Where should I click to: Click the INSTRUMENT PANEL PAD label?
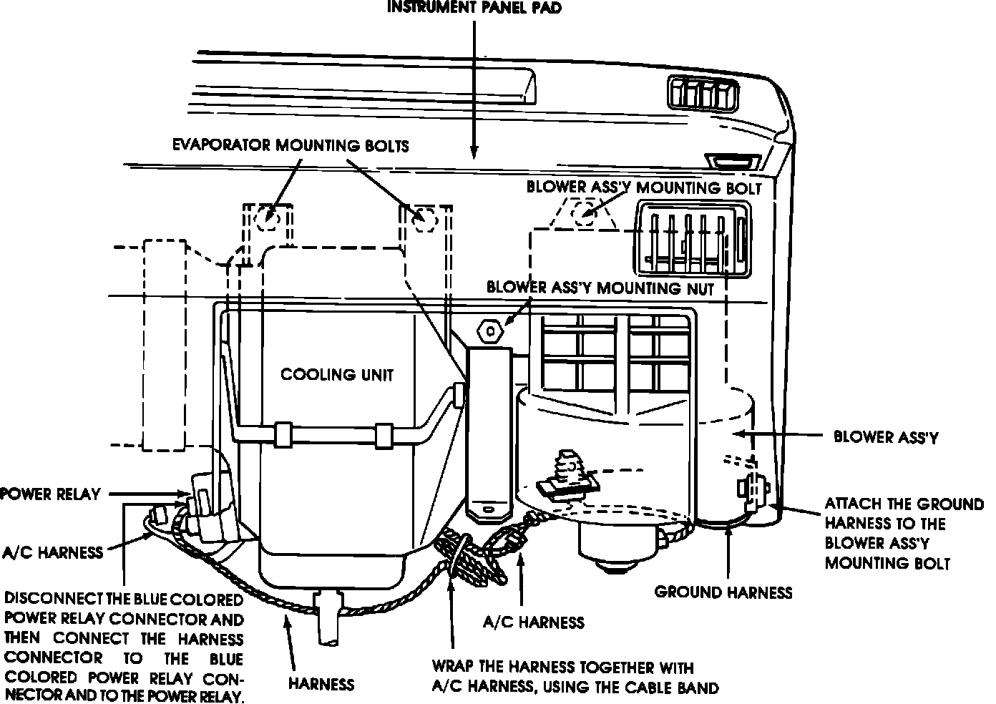point(474,8)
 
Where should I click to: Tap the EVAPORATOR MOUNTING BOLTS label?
point(290,146)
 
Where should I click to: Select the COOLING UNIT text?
point(337,374)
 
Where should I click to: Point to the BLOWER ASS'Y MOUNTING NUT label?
point(600,288)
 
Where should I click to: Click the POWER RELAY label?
point(50,494)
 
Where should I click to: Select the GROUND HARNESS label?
point(723,592)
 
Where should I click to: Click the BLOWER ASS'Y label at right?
point(886,436)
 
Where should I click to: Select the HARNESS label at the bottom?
point(321,683)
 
